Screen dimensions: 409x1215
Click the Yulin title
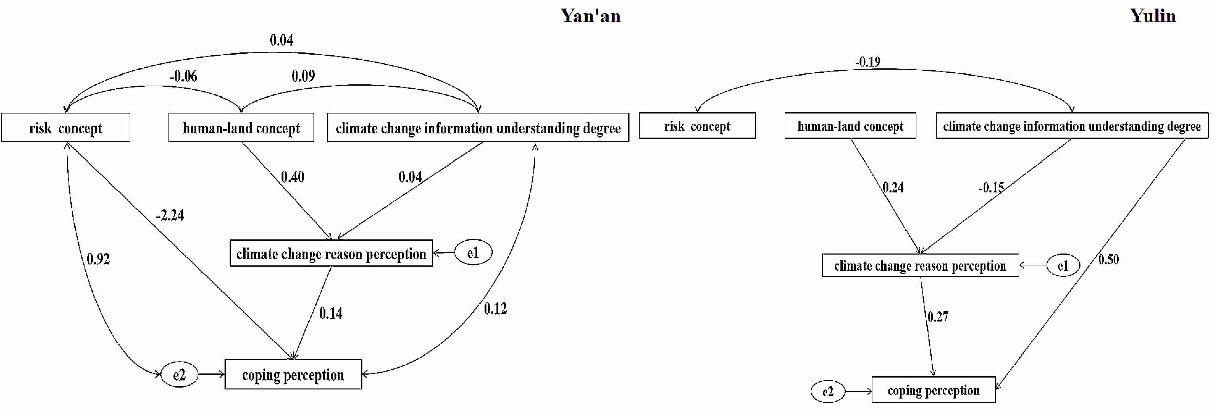[x=1152, y=16]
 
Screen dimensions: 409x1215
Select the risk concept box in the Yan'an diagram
[x=66, y=127]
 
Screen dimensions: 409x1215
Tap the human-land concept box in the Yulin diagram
[x=850, y=126]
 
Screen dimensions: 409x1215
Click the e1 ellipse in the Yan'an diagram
[x=473, y=253]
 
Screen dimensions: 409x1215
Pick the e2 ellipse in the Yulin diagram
[x=828, y=391]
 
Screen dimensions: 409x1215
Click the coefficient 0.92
[x=98, y=259]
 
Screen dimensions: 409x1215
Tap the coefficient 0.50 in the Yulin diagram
[x=1108, y=259]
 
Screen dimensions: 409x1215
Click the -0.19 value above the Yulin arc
[x=868, y=62]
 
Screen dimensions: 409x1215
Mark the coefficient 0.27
[x=938, y=317]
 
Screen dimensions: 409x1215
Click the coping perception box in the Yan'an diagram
[x=293, y=374]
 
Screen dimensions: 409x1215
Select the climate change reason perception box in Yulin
[x=920, y=265]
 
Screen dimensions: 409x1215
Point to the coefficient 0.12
[x=495, y=308]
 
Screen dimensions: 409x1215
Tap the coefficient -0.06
[x=184, y=76]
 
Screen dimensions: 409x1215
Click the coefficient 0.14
[x=331, y=313]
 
